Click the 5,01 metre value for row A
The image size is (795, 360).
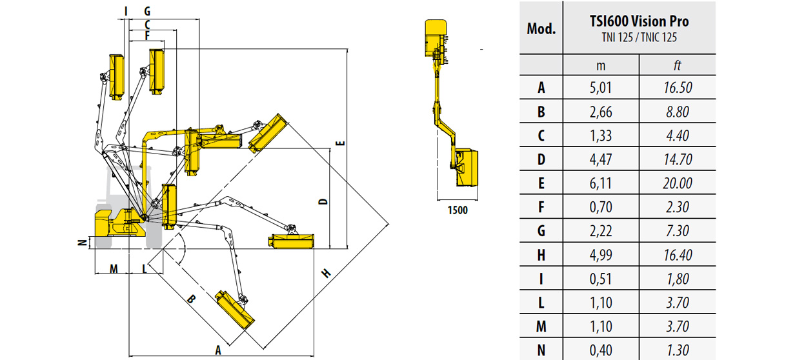pyautogui.click(x=601, y=88)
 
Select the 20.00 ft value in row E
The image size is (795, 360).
pyautogui.click(x=677, y=183)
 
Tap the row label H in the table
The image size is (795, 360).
pyautogui.click(x=541, y=255)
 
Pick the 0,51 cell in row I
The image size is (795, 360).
pyautogui.click(x=601, y=279)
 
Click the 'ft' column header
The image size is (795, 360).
pyautogui.click(x=677, y=65)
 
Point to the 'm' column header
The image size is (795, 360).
pyautogui.click(x=601, y=66)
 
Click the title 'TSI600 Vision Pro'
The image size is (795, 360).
pyautogui.click(x=639, y=21)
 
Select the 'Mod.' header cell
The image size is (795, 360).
pyautogui.click(x=541, y=29)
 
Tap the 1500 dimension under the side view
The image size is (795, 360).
pyautogui.click(x=458, y=210)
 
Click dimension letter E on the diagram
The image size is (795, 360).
pyautogui.click(x=340, y=143)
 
